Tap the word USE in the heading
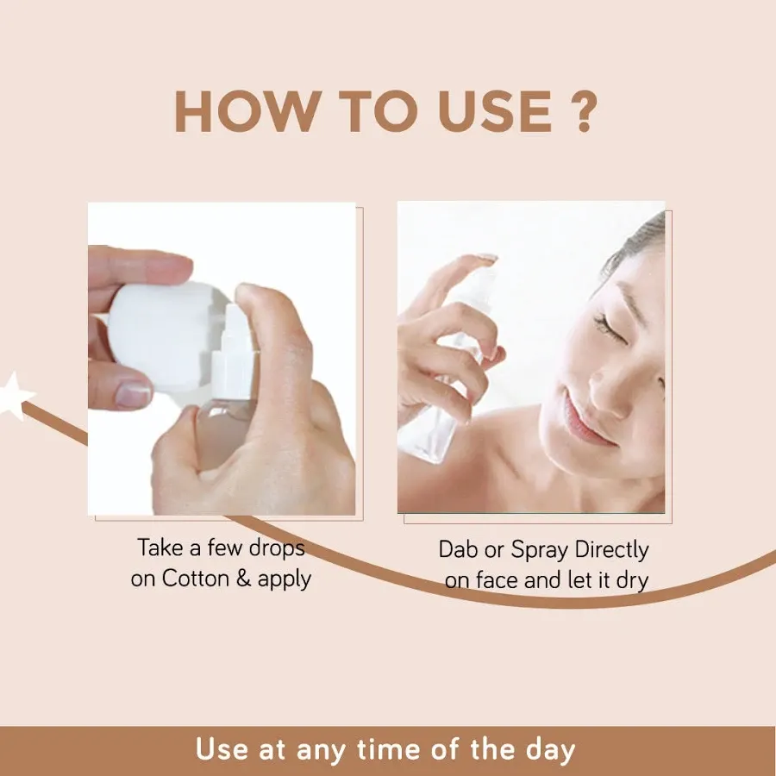pos(485,110)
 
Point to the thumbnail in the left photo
pos(133,395)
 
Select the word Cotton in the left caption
pos(195,579)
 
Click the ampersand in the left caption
pos(243,579)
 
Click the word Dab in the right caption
pos(458,550)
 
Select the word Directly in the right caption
pos(612,550)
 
